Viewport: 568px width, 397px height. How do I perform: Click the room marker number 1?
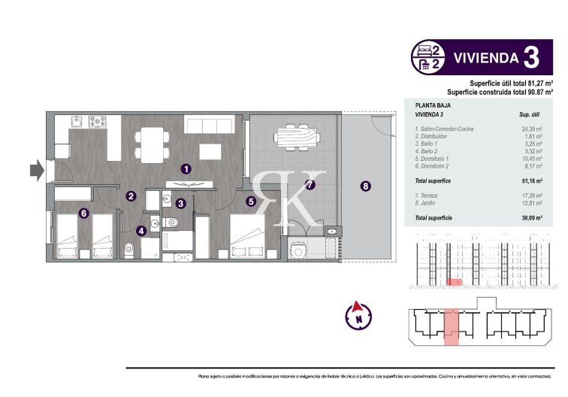pos(186,169)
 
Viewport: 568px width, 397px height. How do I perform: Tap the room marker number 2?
pos(131,196)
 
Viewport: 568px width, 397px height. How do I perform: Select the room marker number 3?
pos(181,203)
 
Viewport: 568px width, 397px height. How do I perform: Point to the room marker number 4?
pos(141,231)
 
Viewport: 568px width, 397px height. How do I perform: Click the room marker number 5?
pos(250,201)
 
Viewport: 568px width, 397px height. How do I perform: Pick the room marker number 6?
pos(84,214)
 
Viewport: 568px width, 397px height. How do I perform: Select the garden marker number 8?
pos(366,186)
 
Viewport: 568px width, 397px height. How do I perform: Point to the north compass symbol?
pos(358,314)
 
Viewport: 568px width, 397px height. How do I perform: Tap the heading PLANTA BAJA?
pos(434,106)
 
